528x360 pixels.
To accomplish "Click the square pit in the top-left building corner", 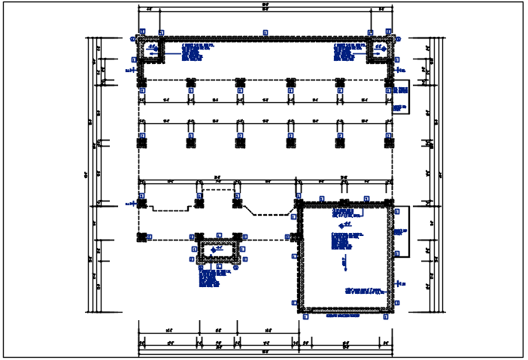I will pos(151,50).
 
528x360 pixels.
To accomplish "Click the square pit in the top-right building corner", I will pos(380,50).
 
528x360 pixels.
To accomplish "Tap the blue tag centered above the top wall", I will pos(265,32).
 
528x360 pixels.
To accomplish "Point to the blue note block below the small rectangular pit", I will pos(209,278).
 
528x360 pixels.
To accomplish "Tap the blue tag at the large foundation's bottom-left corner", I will pos(305,316).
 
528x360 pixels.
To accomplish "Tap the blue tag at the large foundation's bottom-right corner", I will pos(387,316).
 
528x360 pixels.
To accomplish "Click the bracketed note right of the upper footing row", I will pos(399,97).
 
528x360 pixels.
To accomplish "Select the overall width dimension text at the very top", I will pos(265,6).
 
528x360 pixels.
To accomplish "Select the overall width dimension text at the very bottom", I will pos(265,352).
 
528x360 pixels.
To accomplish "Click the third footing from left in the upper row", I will pos(240,83).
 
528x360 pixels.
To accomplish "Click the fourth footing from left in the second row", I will pos(290,141).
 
